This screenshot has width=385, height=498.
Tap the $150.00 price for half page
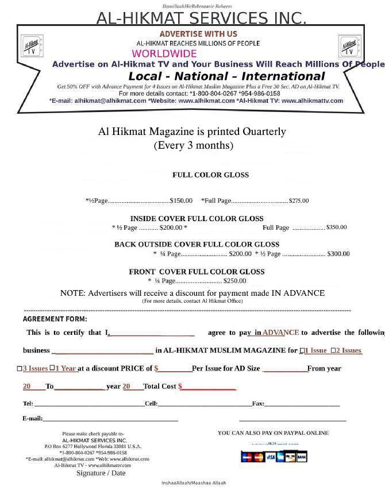click(x=181, y=201)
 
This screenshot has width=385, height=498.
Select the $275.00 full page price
click(x=298, y=201)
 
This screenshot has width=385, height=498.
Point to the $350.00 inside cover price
click(x=336, y=227)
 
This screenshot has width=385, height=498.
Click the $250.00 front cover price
click(x=234, y=281)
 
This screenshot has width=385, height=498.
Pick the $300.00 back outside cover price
click(x=338, y=254)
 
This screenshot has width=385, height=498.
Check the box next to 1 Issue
click(x=302, y=350)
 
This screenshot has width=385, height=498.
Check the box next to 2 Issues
click(x=333, y=350)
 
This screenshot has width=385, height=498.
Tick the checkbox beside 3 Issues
click(x=20, y=369)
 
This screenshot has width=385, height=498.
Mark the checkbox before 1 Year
click(x=52, y=368)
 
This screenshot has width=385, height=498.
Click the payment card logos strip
click(x=274, y=457)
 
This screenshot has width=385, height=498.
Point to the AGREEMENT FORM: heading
click(x=55, y=319)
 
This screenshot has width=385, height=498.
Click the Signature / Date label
click(x=101, y=473)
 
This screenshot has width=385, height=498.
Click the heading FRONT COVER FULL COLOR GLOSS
click(x=197, y=272)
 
